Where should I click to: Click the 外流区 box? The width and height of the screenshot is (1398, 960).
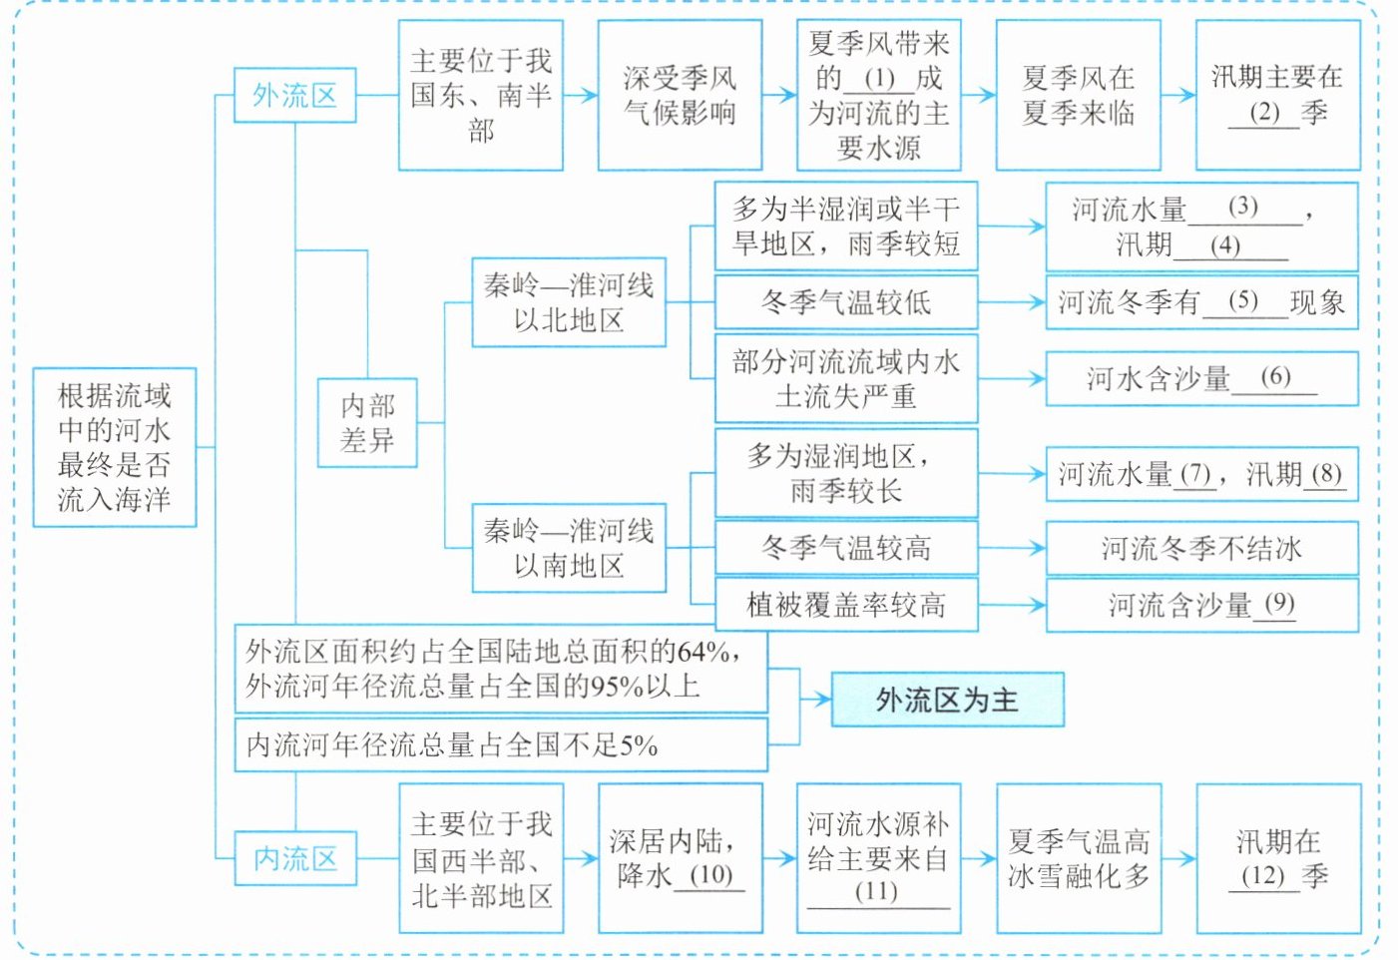(x=295, y=96)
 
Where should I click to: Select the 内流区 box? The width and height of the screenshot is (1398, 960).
(x=295, y=859)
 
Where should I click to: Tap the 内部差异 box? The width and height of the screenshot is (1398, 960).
(x=367, y=422)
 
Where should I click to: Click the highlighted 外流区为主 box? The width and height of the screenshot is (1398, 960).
(x=947, y=700)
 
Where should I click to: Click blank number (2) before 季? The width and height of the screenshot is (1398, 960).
(x=1264, y=114)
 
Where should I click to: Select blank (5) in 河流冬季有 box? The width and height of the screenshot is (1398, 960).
(x=1242, y=302)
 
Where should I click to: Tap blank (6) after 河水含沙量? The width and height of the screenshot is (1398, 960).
(x=1275, y=377)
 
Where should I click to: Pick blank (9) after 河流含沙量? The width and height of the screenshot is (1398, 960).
(x=1279, y=604)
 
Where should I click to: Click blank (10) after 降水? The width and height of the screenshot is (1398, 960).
(x=710, y=875)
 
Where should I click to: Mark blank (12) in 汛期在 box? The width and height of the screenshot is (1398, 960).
(x=1262, y=876)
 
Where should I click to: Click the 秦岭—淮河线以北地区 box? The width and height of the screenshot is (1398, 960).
(x=569, y=302)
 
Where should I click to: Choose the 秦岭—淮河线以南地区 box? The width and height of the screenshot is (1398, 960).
(x=569, y=548)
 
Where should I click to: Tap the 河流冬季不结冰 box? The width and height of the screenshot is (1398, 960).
(x=1202, y=548)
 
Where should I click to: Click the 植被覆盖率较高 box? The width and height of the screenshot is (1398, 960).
(x=846, y=605)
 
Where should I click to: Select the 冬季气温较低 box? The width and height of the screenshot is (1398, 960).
(x=846, y=302)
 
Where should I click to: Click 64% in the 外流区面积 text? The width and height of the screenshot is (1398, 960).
(x=702, y=653)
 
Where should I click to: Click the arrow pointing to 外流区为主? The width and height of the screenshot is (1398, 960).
(x=815, y=700)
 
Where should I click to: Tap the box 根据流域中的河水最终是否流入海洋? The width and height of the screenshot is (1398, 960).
(x=115, y=447)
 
